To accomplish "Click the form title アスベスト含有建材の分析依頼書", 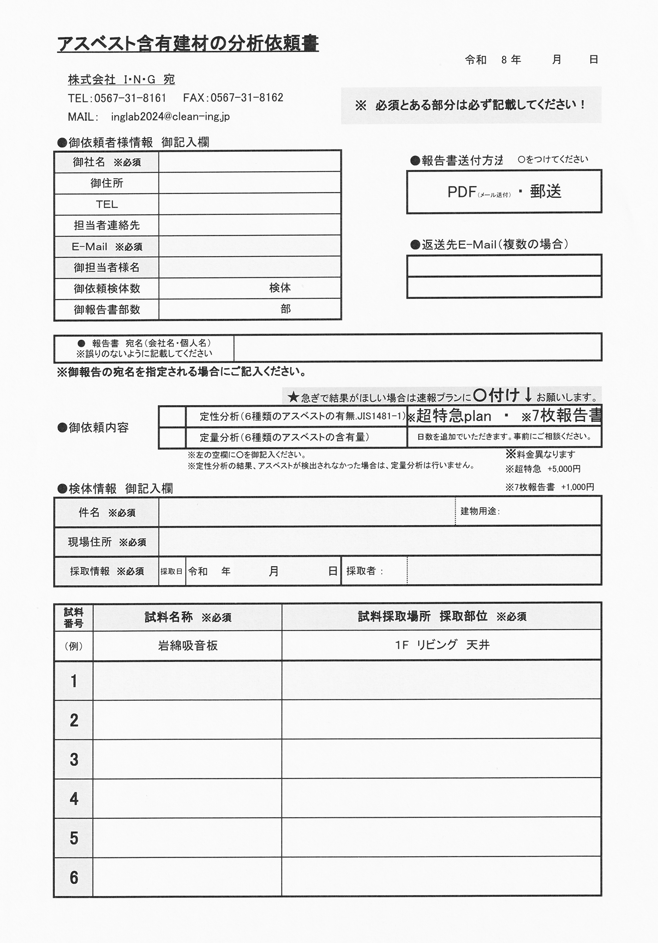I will tap(188, 44).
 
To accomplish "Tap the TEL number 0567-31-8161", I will tap(130, 98).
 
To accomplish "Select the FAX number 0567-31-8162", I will tap(247, 98).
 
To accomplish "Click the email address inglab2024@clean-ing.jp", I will tap(170, 117).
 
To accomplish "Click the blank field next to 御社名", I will tap(249, 162).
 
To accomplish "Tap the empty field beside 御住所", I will tap(249, 183).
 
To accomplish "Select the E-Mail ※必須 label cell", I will tap(107, 247).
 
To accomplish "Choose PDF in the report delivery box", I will tap(462, 192).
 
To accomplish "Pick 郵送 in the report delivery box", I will tap(545, 191).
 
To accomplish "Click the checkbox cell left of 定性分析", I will tap(172, 417).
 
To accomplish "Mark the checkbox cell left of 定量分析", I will tap(172, 437).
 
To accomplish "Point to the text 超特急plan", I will tap(454, 416).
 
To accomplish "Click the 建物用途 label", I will tap(480, 511).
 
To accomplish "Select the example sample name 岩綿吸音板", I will tap(187, 645).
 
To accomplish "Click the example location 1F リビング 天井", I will tap(442, 645).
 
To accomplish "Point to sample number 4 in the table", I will tap(74, 799).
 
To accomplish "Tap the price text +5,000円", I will tap(564, 469).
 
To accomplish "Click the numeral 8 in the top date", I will tap(504, 60).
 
